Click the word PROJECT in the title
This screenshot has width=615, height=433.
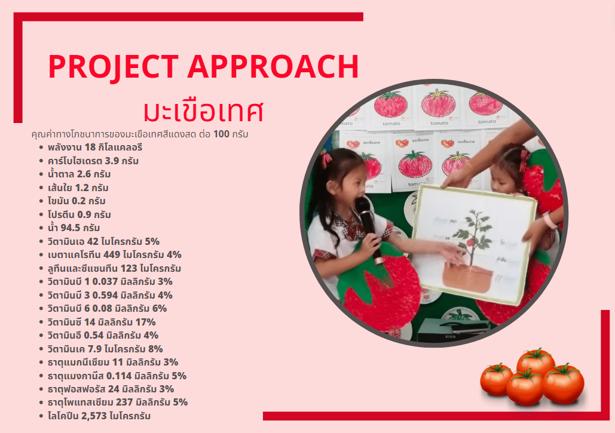point(113,66)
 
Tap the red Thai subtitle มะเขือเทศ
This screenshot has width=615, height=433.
point(203,111)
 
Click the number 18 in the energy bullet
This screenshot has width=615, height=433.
point(90,148)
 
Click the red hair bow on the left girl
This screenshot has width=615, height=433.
point(326,159)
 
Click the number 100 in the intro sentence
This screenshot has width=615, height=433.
point(221,134)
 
